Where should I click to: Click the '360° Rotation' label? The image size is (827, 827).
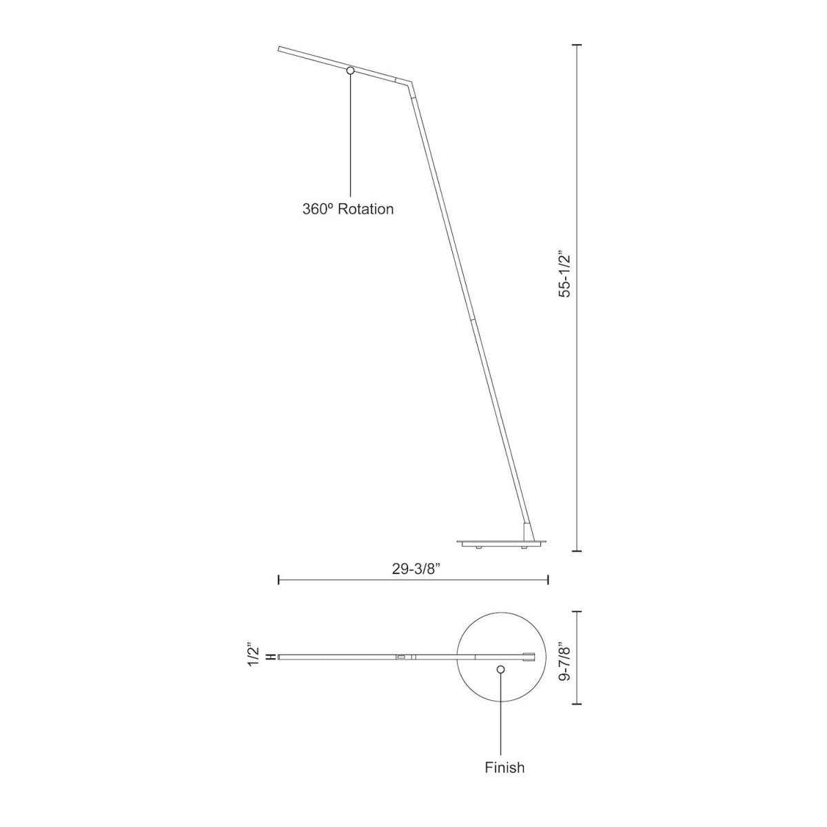pos(348,209)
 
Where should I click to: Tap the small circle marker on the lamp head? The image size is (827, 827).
pos(350,70)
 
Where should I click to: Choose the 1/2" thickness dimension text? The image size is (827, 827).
pos(254,655)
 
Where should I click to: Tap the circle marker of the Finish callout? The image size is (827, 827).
pos(501,669)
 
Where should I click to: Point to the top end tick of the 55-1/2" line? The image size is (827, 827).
pos(578,44)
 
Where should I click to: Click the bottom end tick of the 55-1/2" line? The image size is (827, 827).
pos(578,551)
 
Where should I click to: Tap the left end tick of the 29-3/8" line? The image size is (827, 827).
pos(278,580)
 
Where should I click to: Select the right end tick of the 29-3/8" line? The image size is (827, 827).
pos(548,580)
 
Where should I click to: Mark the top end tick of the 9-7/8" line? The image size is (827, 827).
pos(578,611)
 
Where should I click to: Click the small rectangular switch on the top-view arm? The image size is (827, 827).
pos(400,657)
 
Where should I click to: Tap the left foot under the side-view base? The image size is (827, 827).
pos(478,547)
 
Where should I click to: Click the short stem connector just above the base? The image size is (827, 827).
pos(527,532)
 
